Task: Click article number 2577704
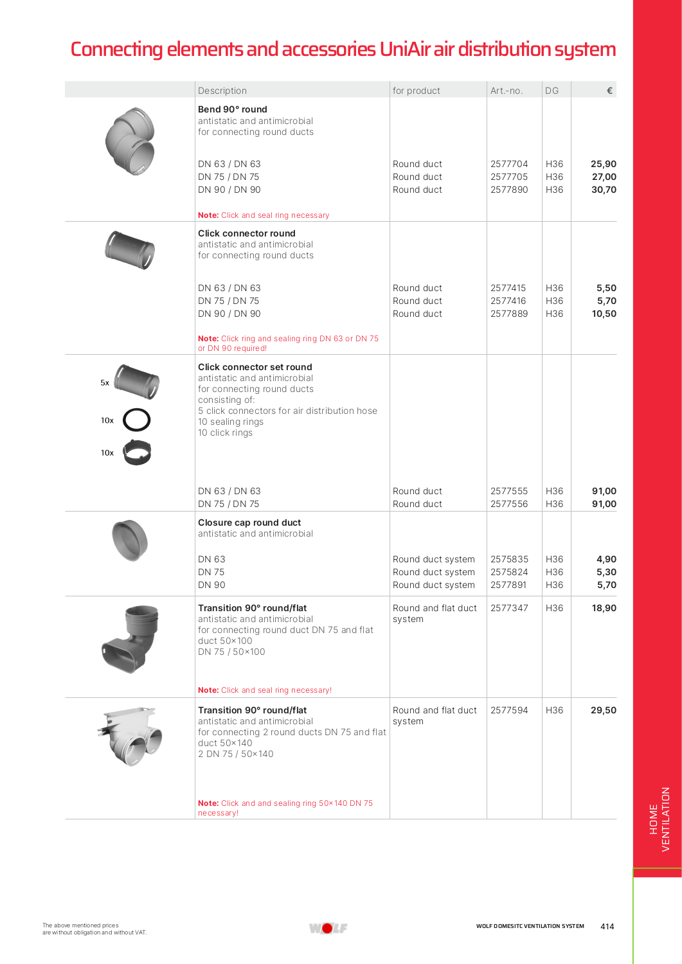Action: (x=508, y=164)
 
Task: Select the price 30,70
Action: (x=604, y=190)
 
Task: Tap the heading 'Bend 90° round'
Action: (x=232, y=109)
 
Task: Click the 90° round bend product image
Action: (x=130, y=141)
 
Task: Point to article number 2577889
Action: (x=508, y=314)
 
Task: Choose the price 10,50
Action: (x=604, y=314)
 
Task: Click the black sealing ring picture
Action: (x=136, y=420)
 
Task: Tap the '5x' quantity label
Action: (x=105, y=383)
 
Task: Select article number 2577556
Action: (x=508, y=504)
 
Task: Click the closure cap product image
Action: (x=130, y=540)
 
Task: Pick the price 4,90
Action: (x=606, y=559)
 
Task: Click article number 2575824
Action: (x=508, y=572)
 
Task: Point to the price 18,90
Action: (x=604, y=608)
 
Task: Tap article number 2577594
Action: (x=508, y=710)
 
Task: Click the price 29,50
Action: (x=604, y=710)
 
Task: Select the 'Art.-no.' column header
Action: (x=507, y=91)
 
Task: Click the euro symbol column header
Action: (x=609, y=91)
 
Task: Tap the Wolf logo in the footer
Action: (x=328, y=927)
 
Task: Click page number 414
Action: (x=607, y=926)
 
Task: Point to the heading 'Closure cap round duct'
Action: (x=249, y=522)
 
